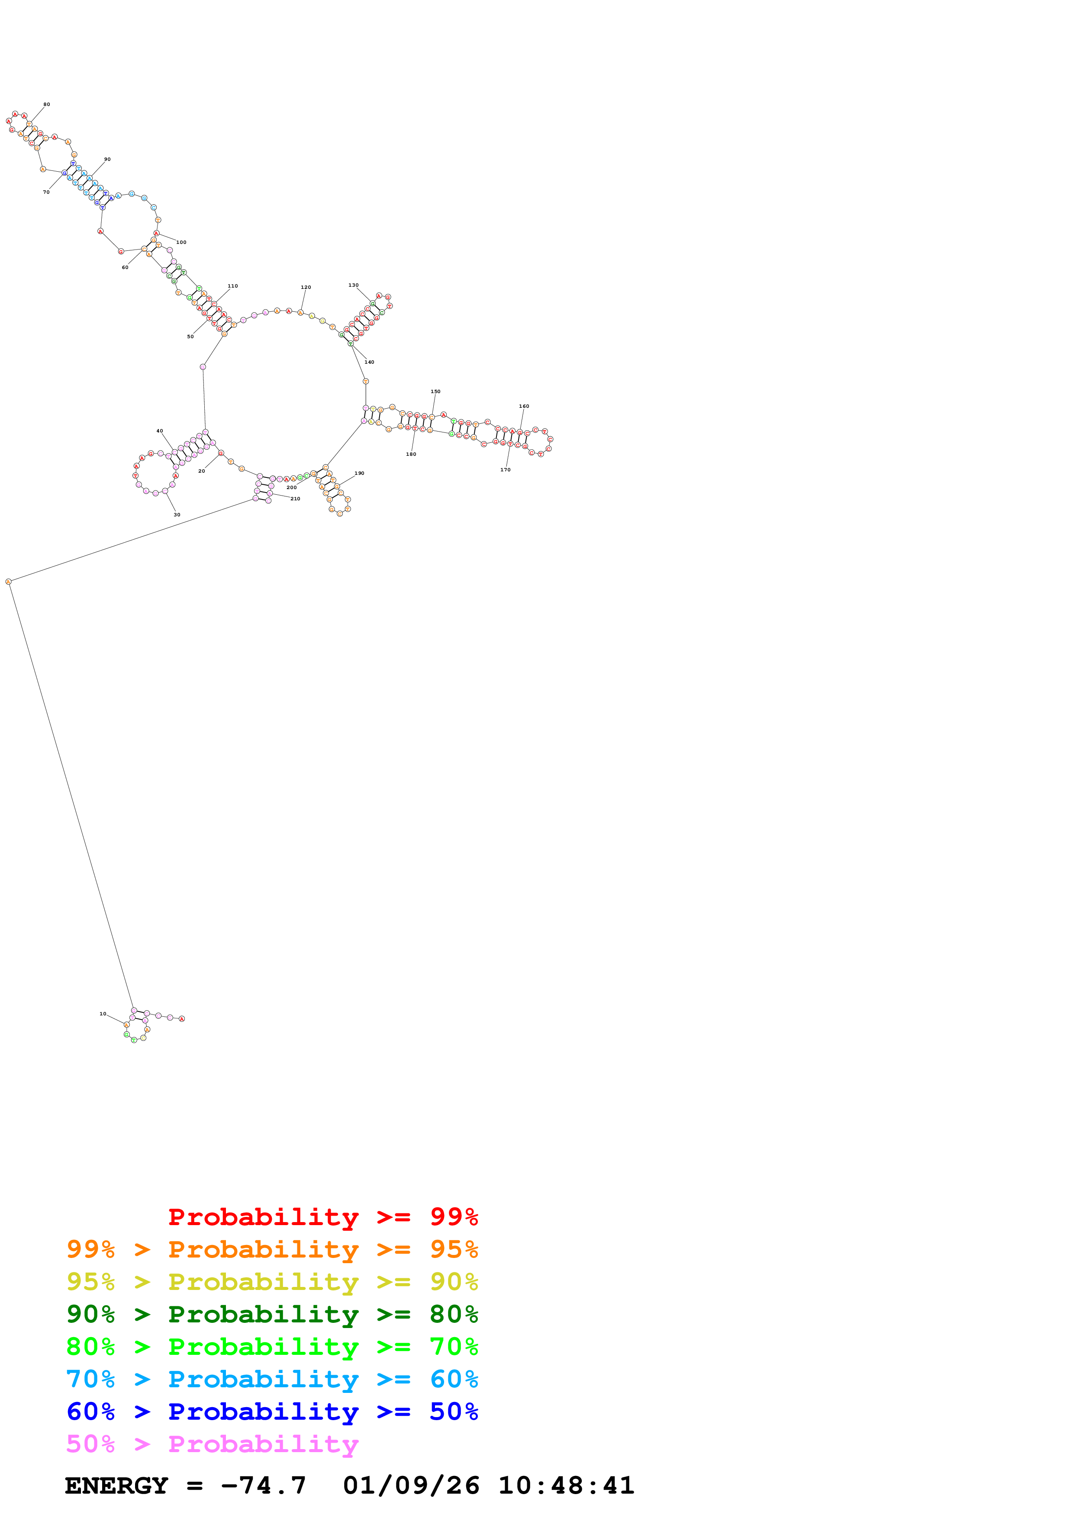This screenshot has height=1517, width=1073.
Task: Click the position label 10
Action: point(103,1014)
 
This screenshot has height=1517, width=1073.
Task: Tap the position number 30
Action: point(177,515)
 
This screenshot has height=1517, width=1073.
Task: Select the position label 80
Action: point(46,104)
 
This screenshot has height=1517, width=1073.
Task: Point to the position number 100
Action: point(181,243)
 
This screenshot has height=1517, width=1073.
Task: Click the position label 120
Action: point(306,288)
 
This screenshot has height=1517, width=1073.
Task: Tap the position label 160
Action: point(524,406)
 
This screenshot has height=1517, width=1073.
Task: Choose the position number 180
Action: point(411,454)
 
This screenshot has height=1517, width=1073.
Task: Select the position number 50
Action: point(190,336)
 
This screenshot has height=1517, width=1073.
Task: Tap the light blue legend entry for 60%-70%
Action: point(272,1379)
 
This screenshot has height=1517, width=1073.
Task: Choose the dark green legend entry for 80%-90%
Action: point(272,1314)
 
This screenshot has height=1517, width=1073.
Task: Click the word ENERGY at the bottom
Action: point(116,1486)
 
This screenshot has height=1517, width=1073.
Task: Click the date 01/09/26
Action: point(411,1486)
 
